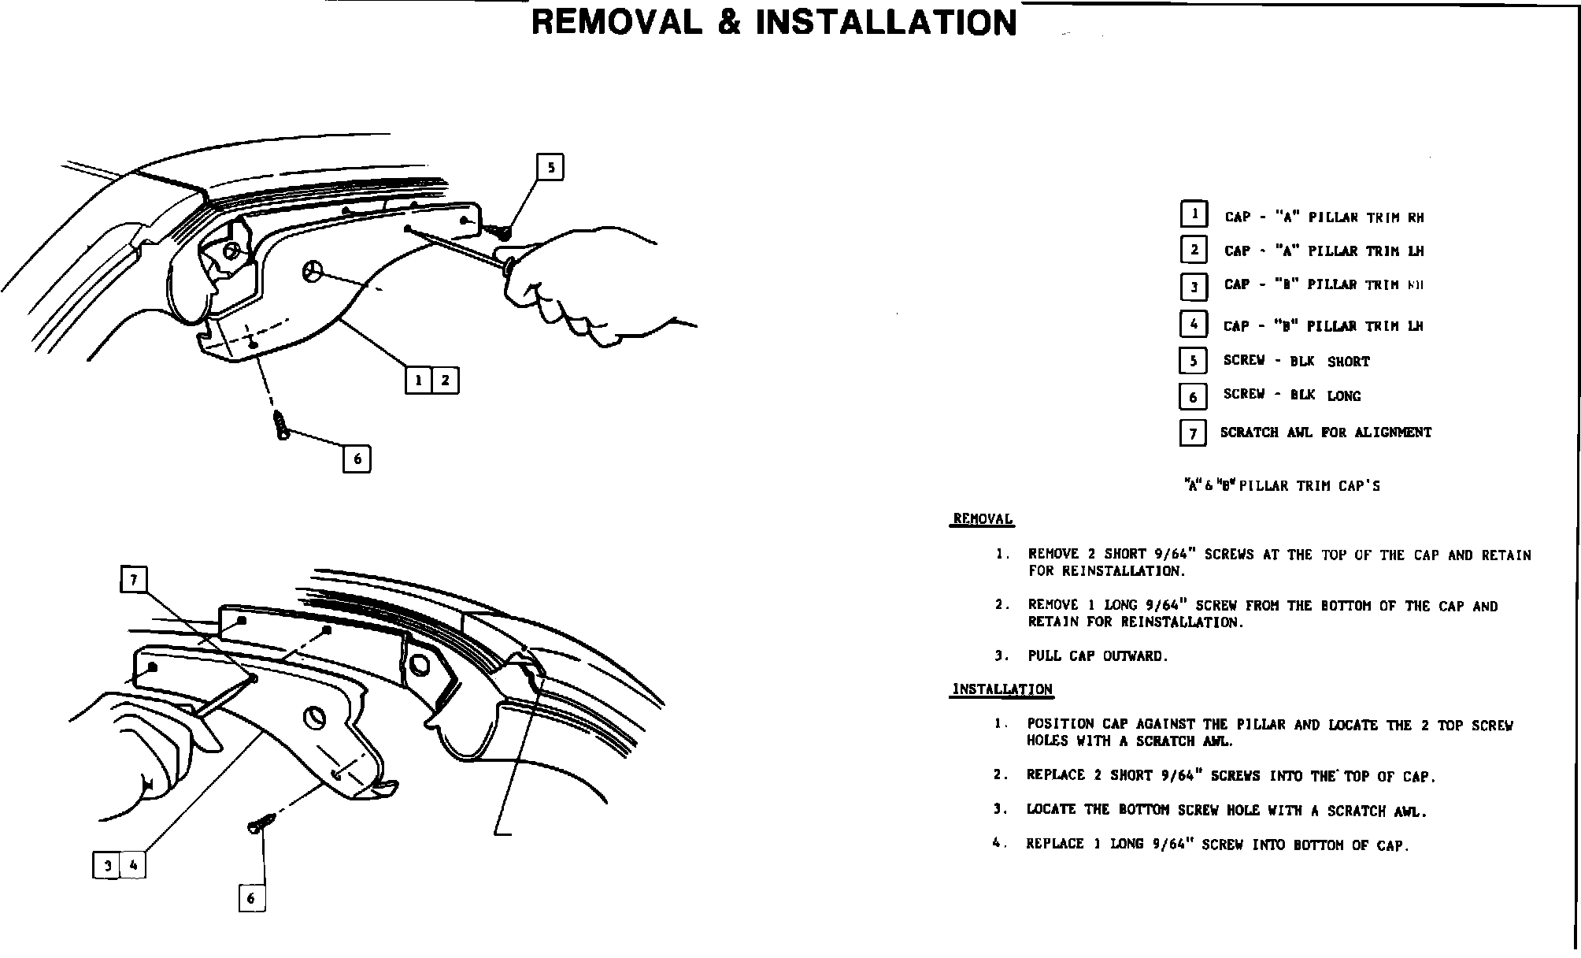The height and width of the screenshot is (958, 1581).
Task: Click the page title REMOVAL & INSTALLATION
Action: pos(774,23)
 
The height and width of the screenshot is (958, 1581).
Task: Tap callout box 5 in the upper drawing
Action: pos(550,167)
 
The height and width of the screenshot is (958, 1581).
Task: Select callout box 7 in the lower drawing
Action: pos(134,580)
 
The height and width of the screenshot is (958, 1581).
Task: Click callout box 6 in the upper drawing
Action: pos(357,459)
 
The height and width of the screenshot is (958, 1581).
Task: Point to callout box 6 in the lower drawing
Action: pos(251,898)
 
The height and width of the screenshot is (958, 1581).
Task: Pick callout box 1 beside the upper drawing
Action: pos(419,381)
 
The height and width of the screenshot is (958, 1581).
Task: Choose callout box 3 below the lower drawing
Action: pos(107,866)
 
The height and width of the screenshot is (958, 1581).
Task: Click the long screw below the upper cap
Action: pos(280,425)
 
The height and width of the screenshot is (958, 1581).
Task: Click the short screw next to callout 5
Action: pos(499,230)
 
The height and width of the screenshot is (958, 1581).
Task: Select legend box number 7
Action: pos(1193,433)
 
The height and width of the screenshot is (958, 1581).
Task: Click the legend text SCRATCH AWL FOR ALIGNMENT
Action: pos(1326,433)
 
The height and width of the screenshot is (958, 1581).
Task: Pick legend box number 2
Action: pos(1194,250)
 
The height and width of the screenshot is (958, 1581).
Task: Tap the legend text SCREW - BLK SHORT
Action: pos(1296,362)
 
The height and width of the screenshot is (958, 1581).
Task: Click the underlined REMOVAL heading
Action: pos(983,519)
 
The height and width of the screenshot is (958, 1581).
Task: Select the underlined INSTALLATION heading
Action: pos(1002,689)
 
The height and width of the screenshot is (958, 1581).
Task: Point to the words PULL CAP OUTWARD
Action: pos(1098,656)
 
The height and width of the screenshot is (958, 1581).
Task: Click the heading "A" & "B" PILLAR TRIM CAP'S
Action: pos(1283,486)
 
